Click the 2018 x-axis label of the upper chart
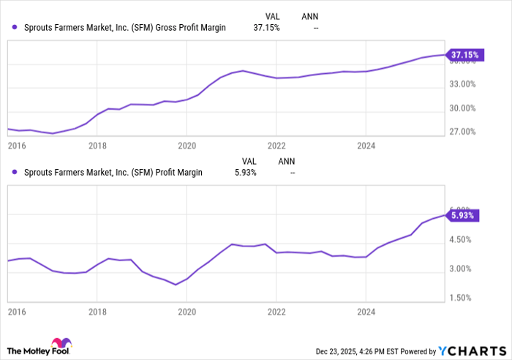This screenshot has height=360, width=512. [x=97, y=146]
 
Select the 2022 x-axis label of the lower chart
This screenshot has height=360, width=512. [x=276, y=311]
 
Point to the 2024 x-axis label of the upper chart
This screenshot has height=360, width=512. [x=366, y=146]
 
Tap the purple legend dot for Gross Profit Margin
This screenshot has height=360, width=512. [x=15, y=27]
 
